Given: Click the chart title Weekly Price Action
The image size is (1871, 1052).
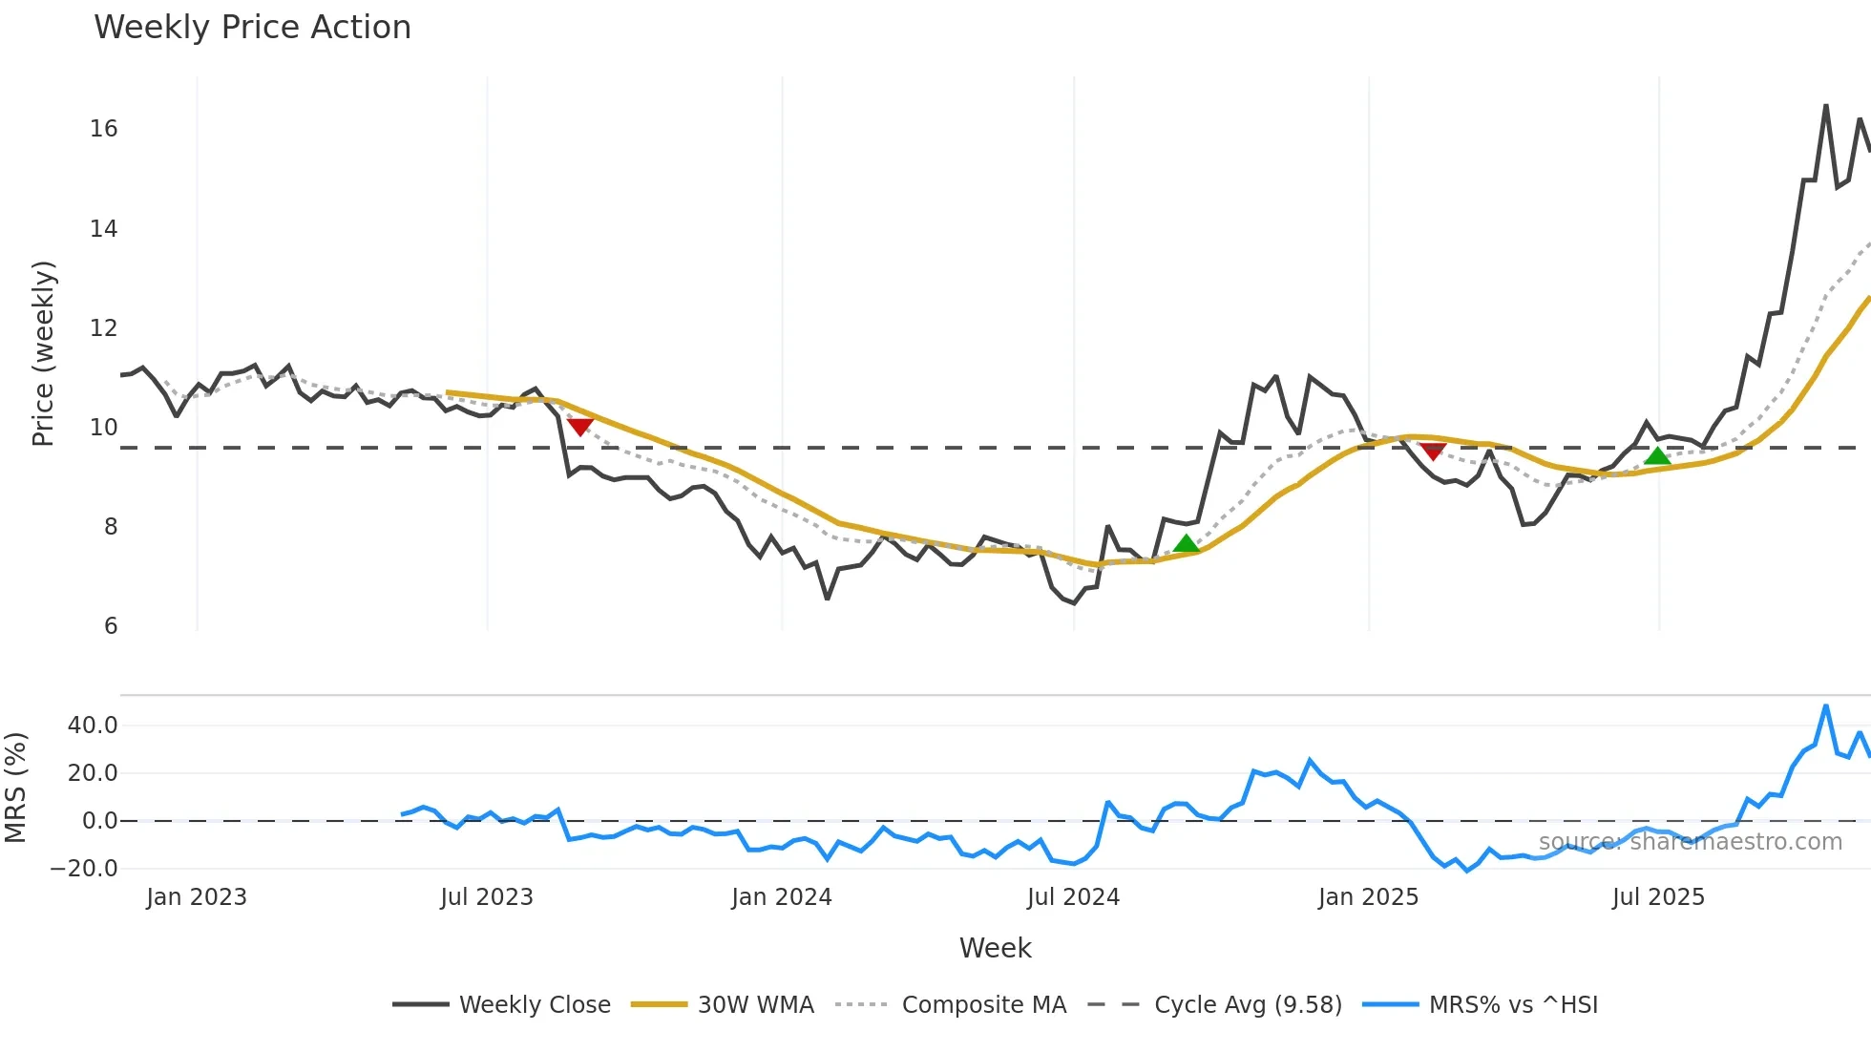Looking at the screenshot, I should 252,28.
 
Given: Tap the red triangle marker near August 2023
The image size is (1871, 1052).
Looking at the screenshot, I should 579,427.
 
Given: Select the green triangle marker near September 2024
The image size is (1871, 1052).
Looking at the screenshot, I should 1186,543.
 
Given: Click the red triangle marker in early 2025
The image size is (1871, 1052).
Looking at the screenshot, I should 1432,451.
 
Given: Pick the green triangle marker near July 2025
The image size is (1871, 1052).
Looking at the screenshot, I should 1657,455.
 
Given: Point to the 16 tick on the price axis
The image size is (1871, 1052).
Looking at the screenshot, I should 104,129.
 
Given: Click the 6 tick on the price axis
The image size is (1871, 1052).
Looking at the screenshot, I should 111,626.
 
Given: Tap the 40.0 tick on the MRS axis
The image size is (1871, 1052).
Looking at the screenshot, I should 93,726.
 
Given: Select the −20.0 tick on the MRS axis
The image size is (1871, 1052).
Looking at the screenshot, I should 84,869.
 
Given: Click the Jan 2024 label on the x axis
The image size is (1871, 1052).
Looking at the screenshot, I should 781,897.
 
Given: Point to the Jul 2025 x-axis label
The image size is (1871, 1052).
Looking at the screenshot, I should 1657,897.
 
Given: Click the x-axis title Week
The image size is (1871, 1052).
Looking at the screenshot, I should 995,948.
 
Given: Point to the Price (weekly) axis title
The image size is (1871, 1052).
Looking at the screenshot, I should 44,353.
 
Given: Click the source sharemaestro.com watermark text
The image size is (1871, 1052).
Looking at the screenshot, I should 1690,842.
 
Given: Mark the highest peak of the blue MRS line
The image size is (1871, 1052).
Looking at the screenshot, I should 1825,706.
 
